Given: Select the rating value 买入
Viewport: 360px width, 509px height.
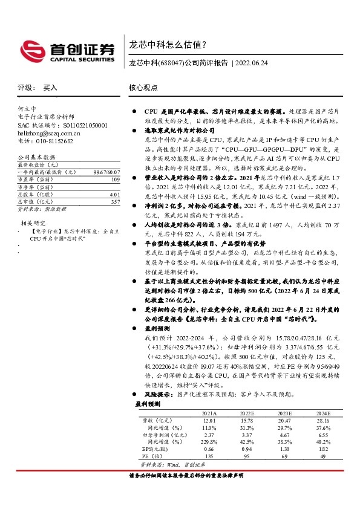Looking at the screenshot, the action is click(x=50, y=88).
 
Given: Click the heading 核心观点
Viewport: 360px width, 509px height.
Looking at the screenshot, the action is click(x=143, y=88).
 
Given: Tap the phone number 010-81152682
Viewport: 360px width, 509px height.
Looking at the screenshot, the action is click(x=51, y=140).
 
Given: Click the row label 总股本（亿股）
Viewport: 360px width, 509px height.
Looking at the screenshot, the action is click(x=34, y=195).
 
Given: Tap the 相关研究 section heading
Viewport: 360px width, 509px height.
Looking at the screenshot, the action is click(x=31, y=223).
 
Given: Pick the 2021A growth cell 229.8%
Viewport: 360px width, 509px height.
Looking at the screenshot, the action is click(x=209, y=442).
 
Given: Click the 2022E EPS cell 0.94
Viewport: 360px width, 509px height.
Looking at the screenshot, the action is click(x=247, y=449).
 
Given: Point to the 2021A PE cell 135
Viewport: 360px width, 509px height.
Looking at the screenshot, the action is click(x=209, y=456).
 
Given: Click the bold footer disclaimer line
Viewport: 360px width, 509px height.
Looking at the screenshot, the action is click(x=186, y=476).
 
